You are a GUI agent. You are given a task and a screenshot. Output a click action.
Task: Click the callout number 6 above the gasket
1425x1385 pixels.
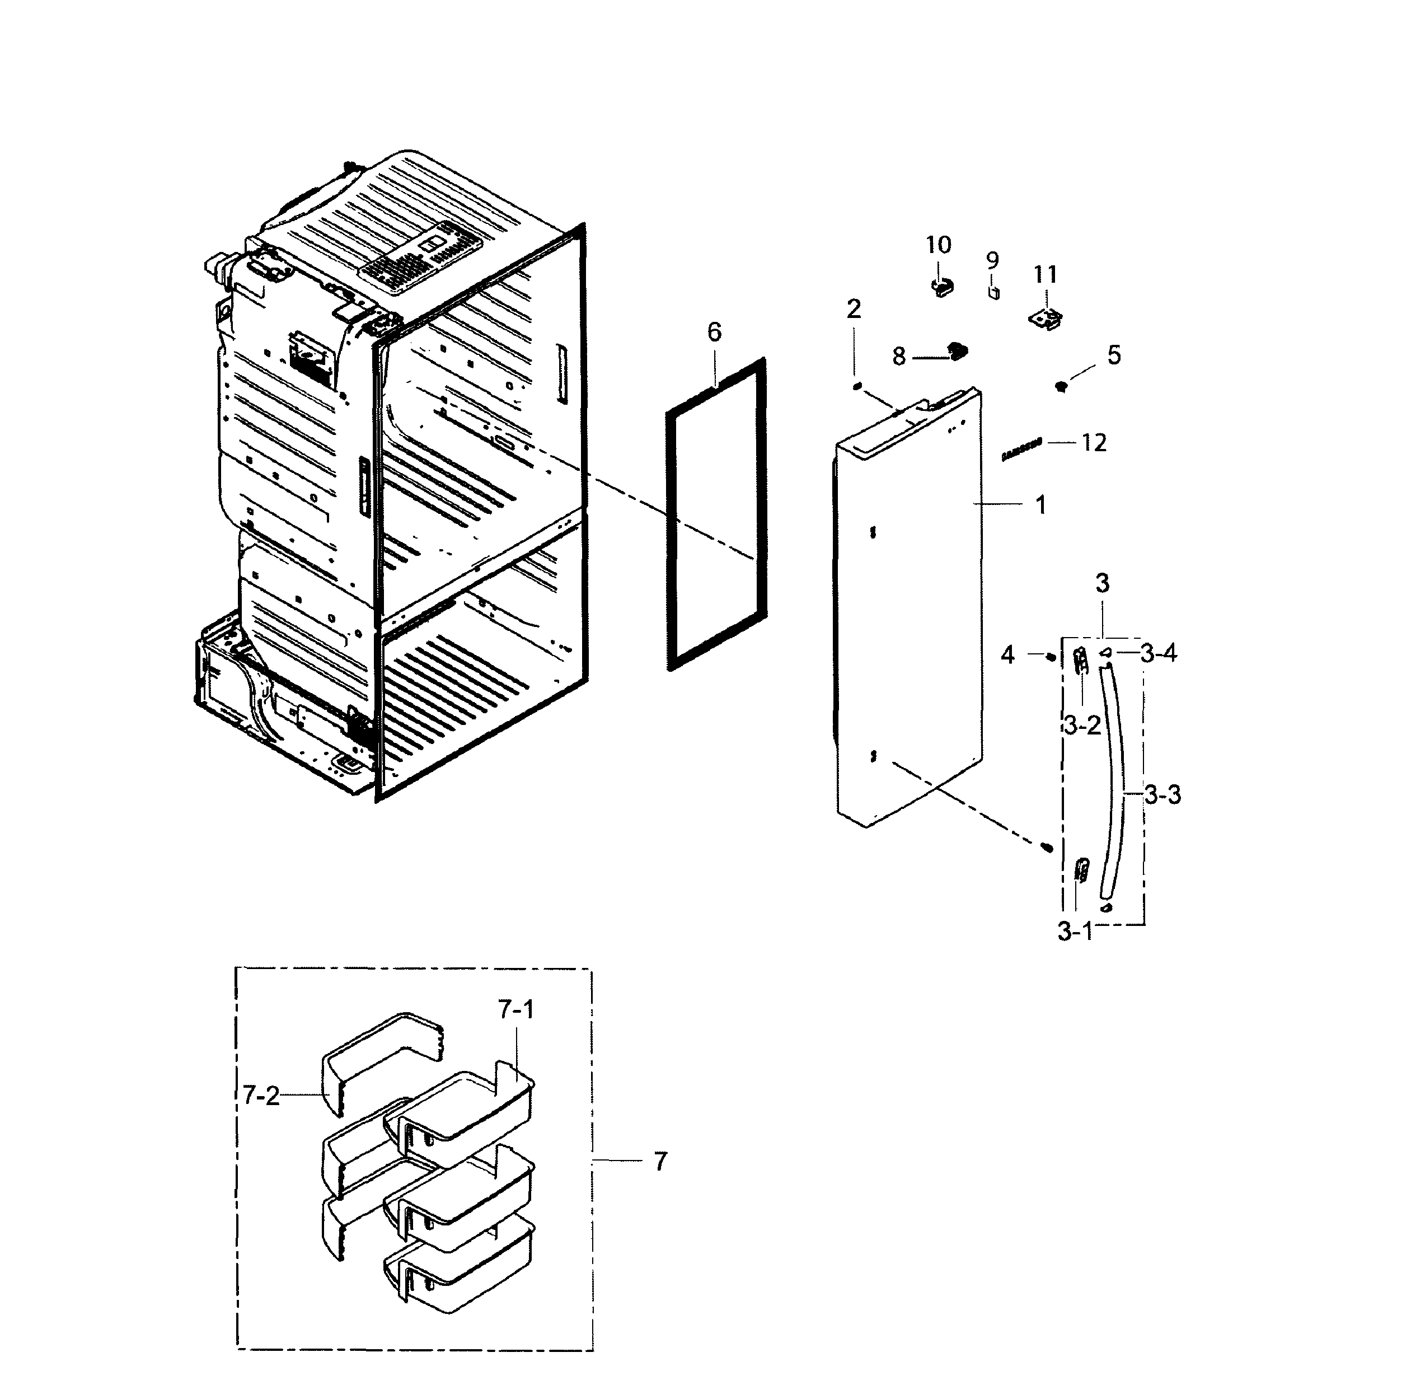(x=714, y=333)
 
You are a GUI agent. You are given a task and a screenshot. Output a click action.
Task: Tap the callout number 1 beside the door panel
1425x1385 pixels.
(x=1041, y=505)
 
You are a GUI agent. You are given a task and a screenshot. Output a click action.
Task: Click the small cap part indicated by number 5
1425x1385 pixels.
(x=1061, y=386)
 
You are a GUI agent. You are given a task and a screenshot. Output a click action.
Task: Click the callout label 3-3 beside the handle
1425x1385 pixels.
(x=1162, y=795)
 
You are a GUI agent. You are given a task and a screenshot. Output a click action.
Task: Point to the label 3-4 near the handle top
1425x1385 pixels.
(x=1158, y=653)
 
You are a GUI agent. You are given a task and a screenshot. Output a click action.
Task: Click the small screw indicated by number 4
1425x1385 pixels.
(x=1051, y=657)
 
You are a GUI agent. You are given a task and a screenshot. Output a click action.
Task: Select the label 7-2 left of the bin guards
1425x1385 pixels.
(x=261, y=1096)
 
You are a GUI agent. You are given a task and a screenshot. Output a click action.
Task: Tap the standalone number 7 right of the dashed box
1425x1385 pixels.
(x=660, y=1162)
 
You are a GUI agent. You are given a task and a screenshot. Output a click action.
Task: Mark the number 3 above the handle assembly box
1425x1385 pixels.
(x=1103, y=583)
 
